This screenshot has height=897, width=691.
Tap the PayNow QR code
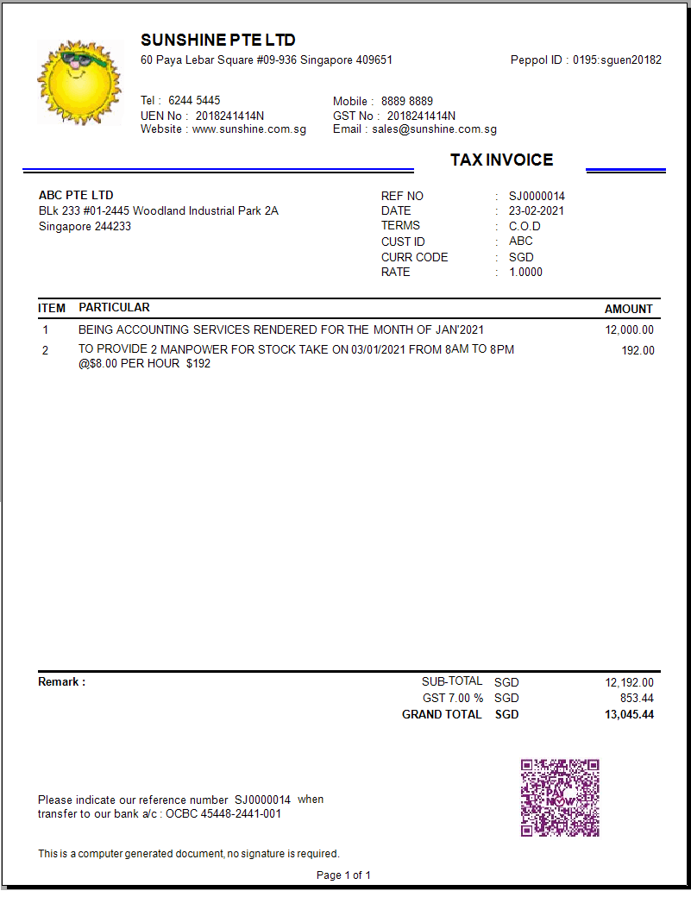click(560, 798)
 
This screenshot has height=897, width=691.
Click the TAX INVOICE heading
click(501, 160)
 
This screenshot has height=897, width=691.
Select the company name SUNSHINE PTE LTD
click(217, 41)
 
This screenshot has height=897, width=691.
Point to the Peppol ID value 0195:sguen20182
click(618, 60)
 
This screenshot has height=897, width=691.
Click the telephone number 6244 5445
click(194, 101)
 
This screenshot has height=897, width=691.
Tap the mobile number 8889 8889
click(407, 101)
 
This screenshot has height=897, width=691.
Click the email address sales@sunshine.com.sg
click(435, 129)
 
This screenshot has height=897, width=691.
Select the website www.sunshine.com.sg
click(249, 129)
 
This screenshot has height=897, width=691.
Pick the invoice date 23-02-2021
click(537, 210)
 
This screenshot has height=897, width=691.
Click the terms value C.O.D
click(525, 226)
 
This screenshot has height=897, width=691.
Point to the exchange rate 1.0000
click(526, 272)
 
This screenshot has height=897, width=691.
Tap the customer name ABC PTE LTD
click(76, 195)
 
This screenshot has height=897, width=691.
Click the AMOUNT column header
click(628, 309)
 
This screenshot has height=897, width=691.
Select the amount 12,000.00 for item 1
click(629, 329)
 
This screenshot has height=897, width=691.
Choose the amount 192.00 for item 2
click(638, 350)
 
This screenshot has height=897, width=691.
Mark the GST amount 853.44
click(637, 698)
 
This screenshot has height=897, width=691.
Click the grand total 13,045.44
click(629, 714)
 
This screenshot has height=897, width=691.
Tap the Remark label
click(61, 682)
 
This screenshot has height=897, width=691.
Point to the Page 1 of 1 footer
click(343, 875)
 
